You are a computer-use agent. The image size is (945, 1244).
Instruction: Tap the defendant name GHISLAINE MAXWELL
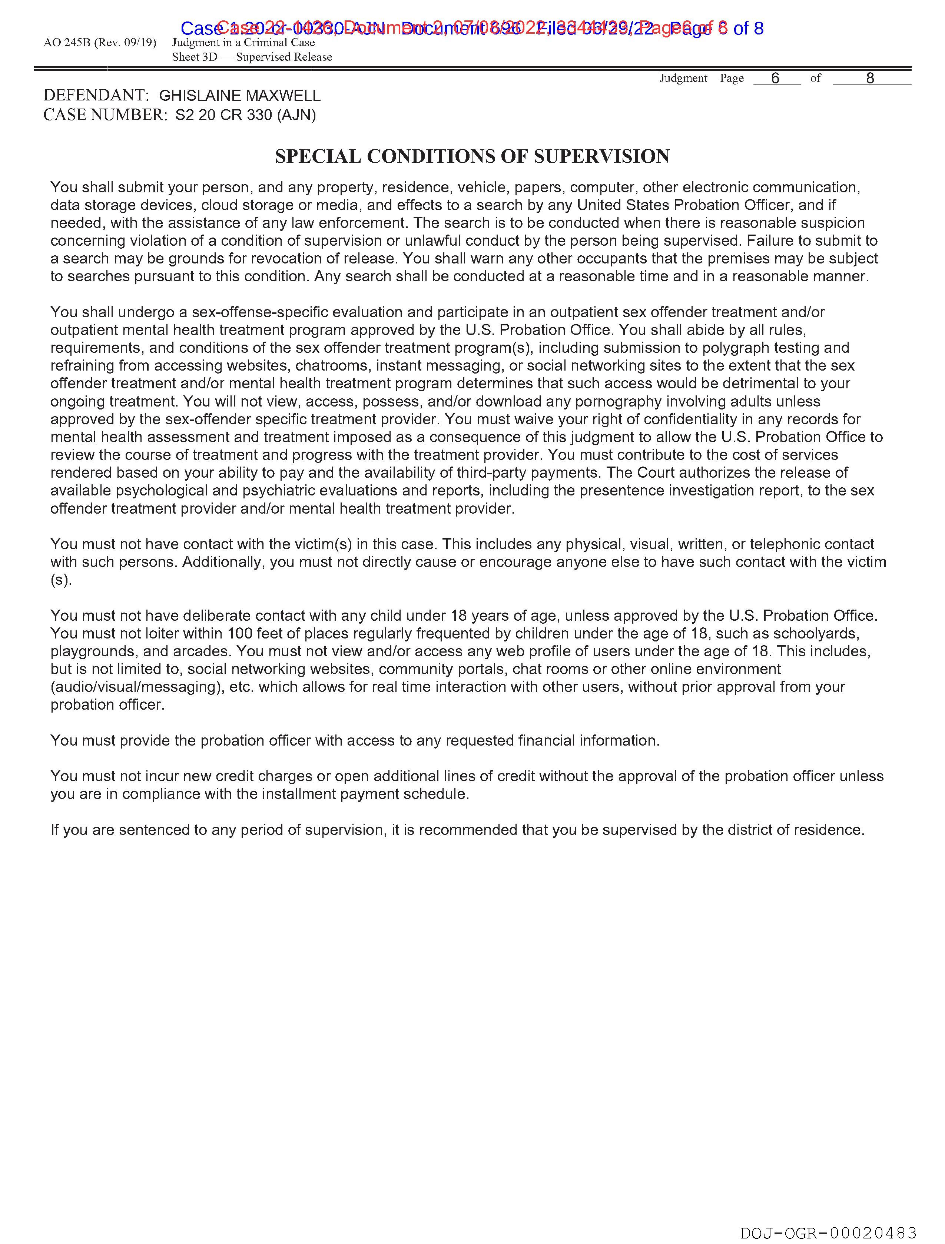tap(240, 96)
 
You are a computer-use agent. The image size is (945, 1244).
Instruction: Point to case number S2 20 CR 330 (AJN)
tap(245, 115)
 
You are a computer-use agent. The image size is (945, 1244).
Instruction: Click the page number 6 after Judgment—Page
tap(775, 78)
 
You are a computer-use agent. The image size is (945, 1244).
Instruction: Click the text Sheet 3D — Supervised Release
tap(252, 57)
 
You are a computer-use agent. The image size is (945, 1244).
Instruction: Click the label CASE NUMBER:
tap(105, 115)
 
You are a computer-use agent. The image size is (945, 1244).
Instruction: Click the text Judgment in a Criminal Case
tap(243, 43)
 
